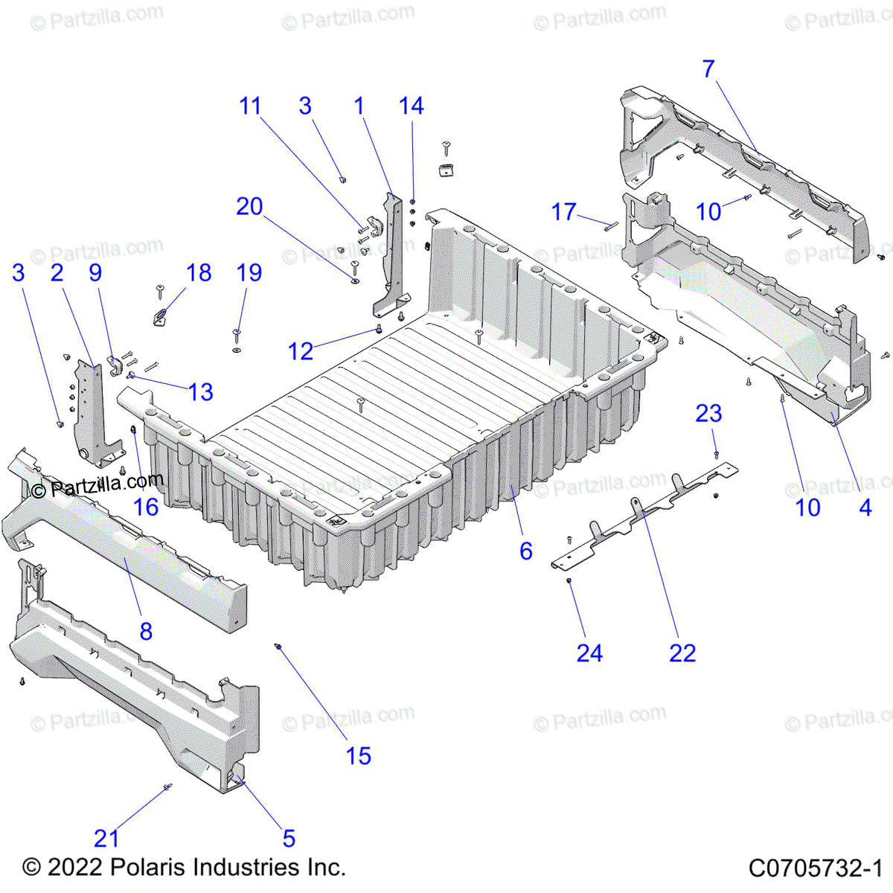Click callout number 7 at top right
(708, 68)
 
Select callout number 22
(682, 653)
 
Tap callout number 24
(589, 653)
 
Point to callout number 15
(358, 756)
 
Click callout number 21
(106, 839)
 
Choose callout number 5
(289, 839)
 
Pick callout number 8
(146, 632)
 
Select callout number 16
(146, 508)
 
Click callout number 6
(526, 551)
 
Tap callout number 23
(708, 413)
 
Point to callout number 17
(563, 212)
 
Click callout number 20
(249, 206)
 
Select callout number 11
(250, 106)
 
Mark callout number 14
(412, 106)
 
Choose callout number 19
(249, 272)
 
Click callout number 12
(301, 351)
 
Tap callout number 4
(865, 508)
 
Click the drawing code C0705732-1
(815, 868)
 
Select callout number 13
(201, 392)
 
